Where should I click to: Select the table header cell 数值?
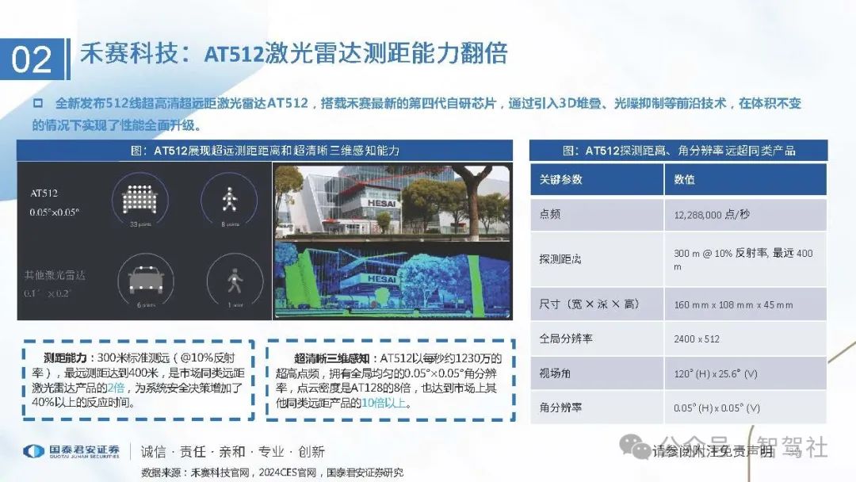tap(685, 180)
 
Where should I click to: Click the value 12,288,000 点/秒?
tap(714, 215)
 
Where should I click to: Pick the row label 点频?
tap(550, 215)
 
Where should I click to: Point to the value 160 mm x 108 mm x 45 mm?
tap(733, 304)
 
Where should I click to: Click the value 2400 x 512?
tap(697, 339)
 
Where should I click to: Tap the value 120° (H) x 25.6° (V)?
tap(717, 373)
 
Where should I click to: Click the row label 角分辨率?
tap(560, 407)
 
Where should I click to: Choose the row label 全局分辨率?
tap(566, 339)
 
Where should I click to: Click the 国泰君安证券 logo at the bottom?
tap(71, 452)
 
